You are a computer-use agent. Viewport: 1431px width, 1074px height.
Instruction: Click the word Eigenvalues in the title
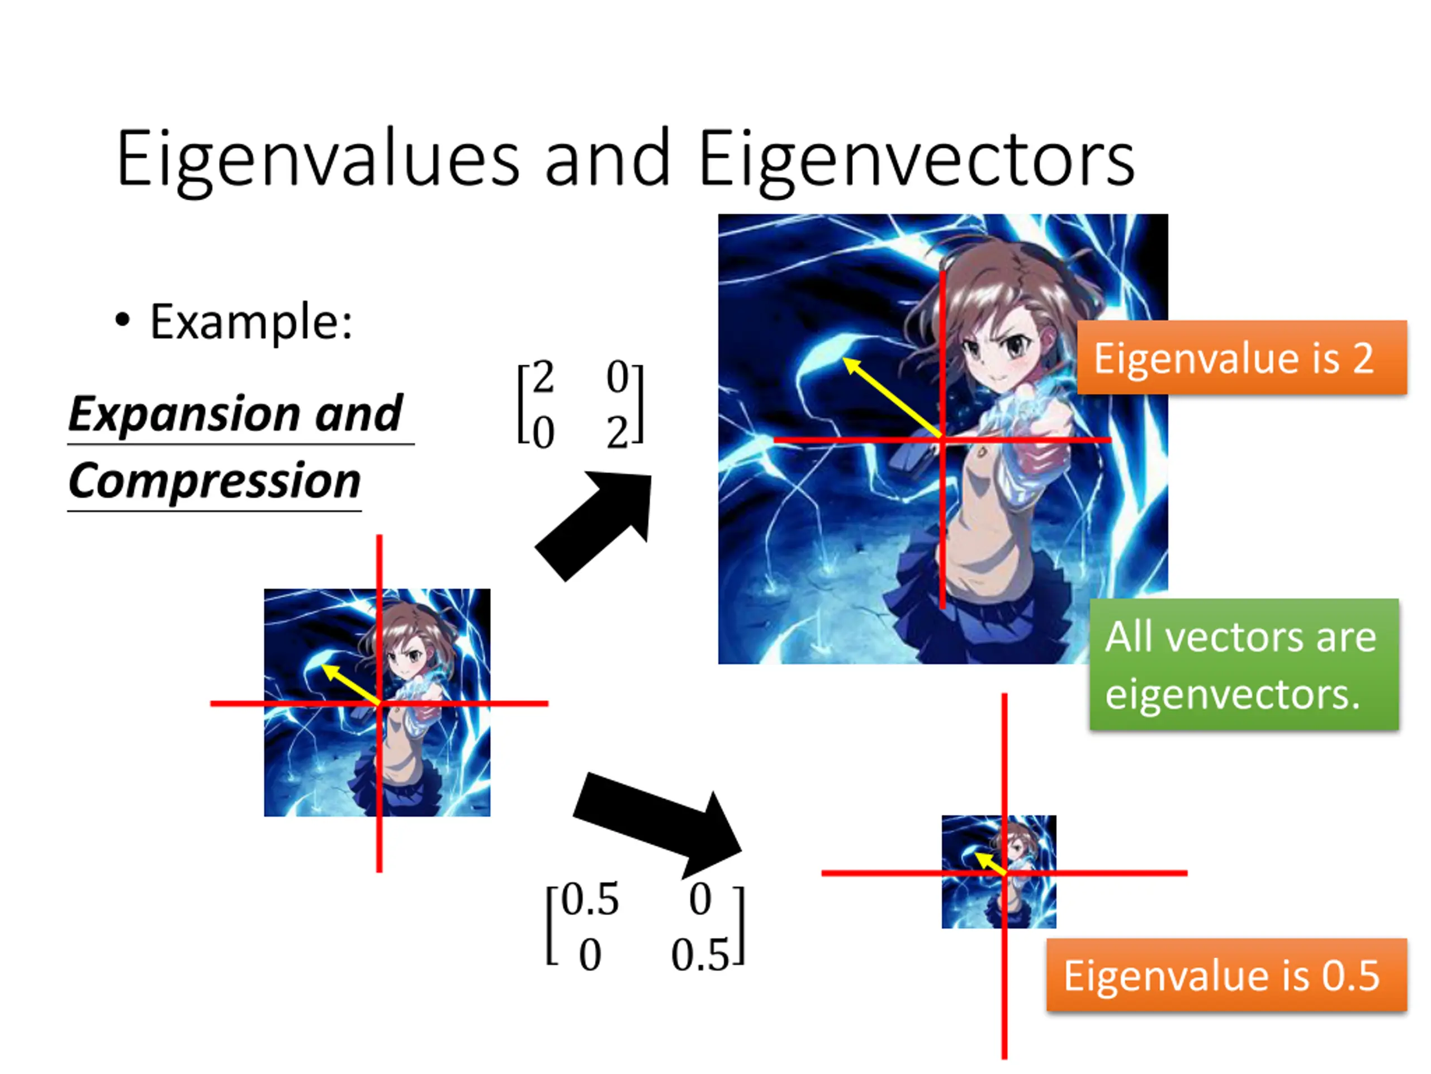(317, 159)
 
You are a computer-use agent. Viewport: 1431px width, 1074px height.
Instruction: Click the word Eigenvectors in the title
(916, 159)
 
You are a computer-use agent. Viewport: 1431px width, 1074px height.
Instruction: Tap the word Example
(251, 321)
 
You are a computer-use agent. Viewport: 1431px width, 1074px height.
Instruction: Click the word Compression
(214, 481)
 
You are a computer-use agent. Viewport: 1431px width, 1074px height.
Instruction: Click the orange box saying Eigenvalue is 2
(1242, 357)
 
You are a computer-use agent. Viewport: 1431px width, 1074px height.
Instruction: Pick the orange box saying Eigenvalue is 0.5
(1226, 975)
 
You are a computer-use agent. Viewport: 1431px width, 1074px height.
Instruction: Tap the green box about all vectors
(1243, 665)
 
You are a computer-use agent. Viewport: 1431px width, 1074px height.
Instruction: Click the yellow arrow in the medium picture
(350, 683)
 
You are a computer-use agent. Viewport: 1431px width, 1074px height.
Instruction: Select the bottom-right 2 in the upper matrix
(617, 432)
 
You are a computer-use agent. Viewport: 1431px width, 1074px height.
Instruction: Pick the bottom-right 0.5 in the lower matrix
(700, 954)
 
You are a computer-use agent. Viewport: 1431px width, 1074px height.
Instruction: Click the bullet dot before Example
(122, 319)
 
